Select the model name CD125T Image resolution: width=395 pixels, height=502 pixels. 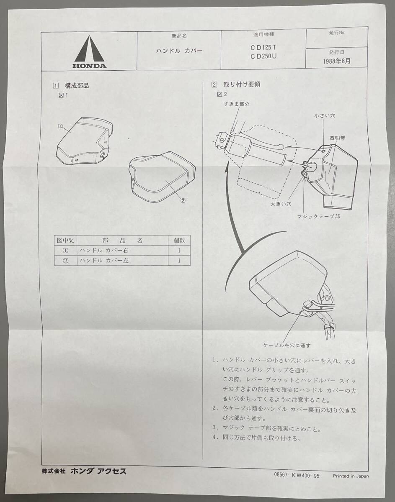(x=263, y=48)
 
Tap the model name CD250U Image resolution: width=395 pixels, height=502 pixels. (x=263, y=56)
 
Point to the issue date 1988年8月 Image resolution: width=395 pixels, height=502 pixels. (x=336, y=61)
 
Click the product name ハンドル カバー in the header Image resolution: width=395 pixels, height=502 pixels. (x=179, y=51)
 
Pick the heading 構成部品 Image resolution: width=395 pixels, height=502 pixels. (x=77, y=86)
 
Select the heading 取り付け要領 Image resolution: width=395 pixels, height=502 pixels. (x=242, y=85)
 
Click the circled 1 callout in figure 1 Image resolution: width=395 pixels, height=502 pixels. (x=60, y=126)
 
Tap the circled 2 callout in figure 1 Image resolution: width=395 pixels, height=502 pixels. (x=183, y=200)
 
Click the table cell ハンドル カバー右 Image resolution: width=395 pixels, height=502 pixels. (x=104, y=251)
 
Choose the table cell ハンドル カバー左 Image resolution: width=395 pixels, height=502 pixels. (x=104, y=261)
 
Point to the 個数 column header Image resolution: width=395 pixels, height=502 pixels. (x=179, y=240)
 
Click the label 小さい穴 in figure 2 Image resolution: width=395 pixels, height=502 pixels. (x=325, y=116)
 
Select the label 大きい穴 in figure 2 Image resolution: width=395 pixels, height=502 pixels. (x=281, y=204)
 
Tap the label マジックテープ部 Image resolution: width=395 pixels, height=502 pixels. (x=318, y=216)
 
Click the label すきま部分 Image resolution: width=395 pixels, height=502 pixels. (x=236, y=104)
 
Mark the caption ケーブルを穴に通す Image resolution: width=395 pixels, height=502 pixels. (x=287, y=346)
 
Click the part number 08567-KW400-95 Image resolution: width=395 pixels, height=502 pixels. (x=297, y=475)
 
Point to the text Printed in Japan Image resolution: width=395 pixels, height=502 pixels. (x=351, y=476)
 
